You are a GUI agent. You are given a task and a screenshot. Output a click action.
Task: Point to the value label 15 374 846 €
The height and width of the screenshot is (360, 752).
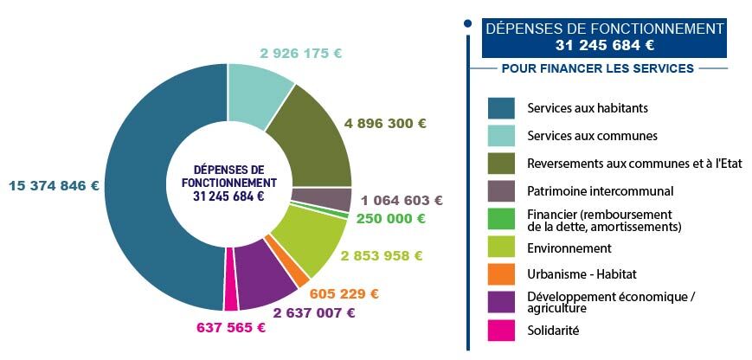tap(54, 185)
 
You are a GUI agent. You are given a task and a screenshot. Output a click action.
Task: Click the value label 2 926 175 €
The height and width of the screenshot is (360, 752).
tap(300, 53)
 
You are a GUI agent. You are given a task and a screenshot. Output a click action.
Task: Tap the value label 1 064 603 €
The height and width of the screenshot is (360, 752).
tap(402, 200)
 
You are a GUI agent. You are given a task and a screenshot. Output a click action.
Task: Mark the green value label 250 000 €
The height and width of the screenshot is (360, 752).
tap(390, 219)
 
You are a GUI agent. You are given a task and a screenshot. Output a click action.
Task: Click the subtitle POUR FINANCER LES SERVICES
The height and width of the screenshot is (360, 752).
tap(597, 68)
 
